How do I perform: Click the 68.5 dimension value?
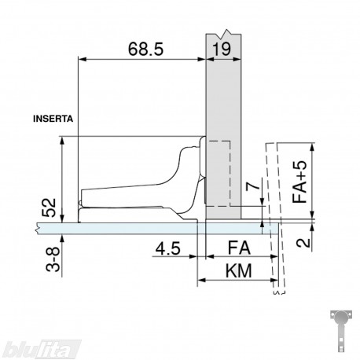pyautogui.click(x=145, y=49)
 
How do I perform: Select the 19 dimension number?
pyautogui.click(x=222, y=49)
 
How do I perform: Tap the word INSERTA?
pyautogui.click(x=53, y=119)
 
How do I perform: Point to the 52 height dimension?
pyautogui.click(x=49, y=208)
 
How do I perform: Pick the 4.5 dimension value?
pyautogui.click(x=168, y=248)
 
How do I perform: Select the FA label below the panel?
pyautogui.click(x=239, y=248)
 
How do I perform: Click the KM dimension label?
pyautogui.click(x=239, y=270)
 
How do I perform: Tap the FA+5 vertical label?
pyautogui.click(x=299, y=182)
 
